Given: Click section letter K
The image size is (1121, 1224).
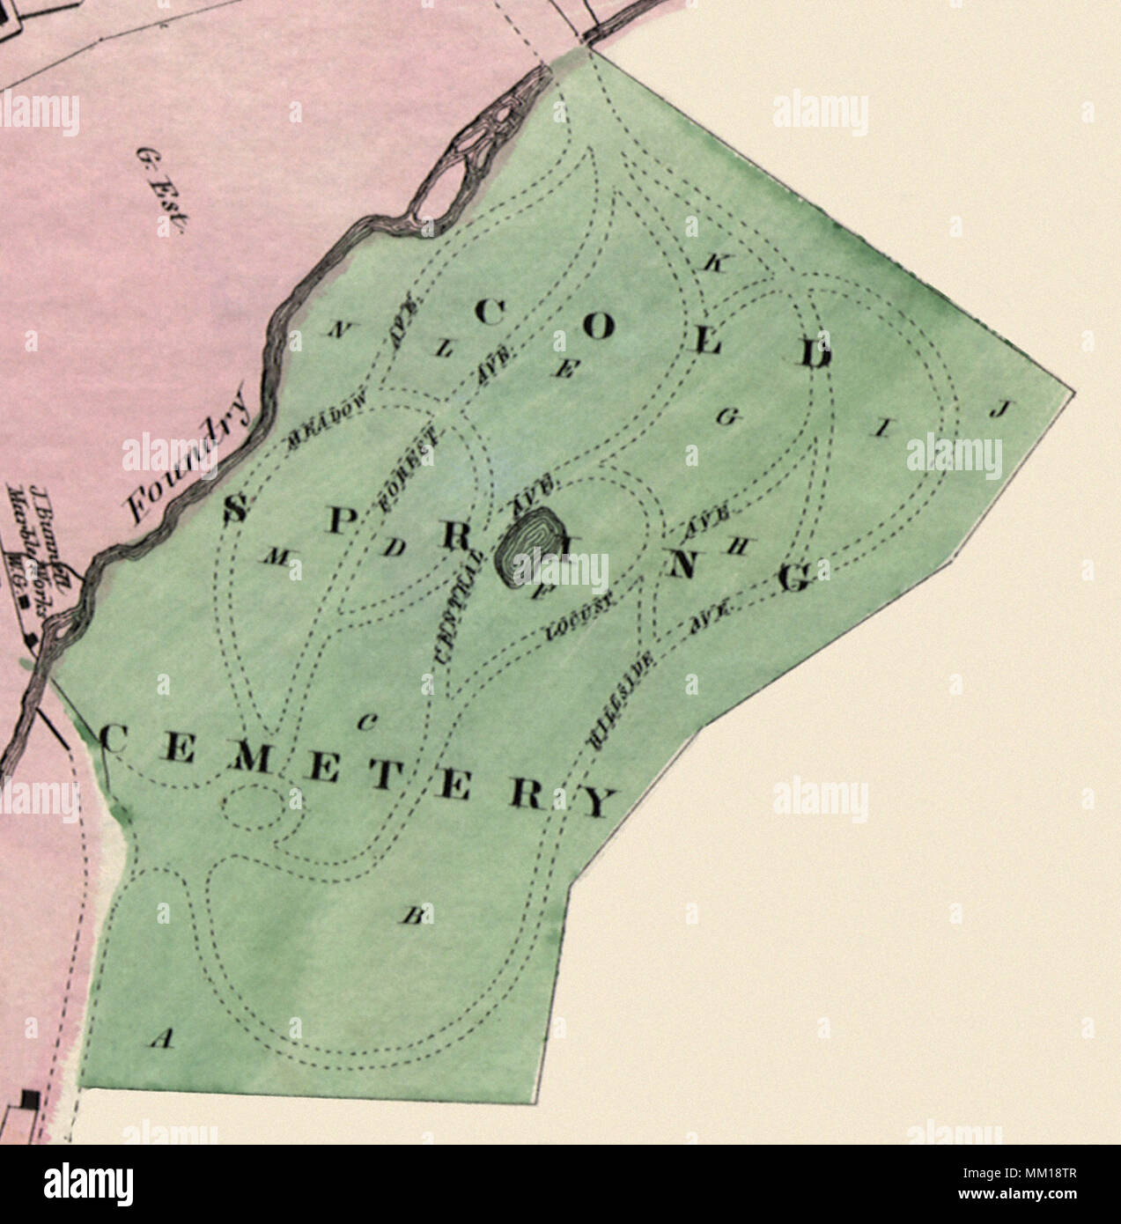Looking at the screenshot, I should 714,264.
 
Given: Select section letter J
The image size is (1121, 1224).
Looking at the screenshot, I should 1001,409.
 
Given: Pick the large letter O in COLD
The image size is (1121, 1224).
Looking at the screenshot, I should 598,328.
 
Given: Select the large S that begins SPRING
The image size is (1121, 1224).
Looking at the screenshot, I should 233,509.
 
